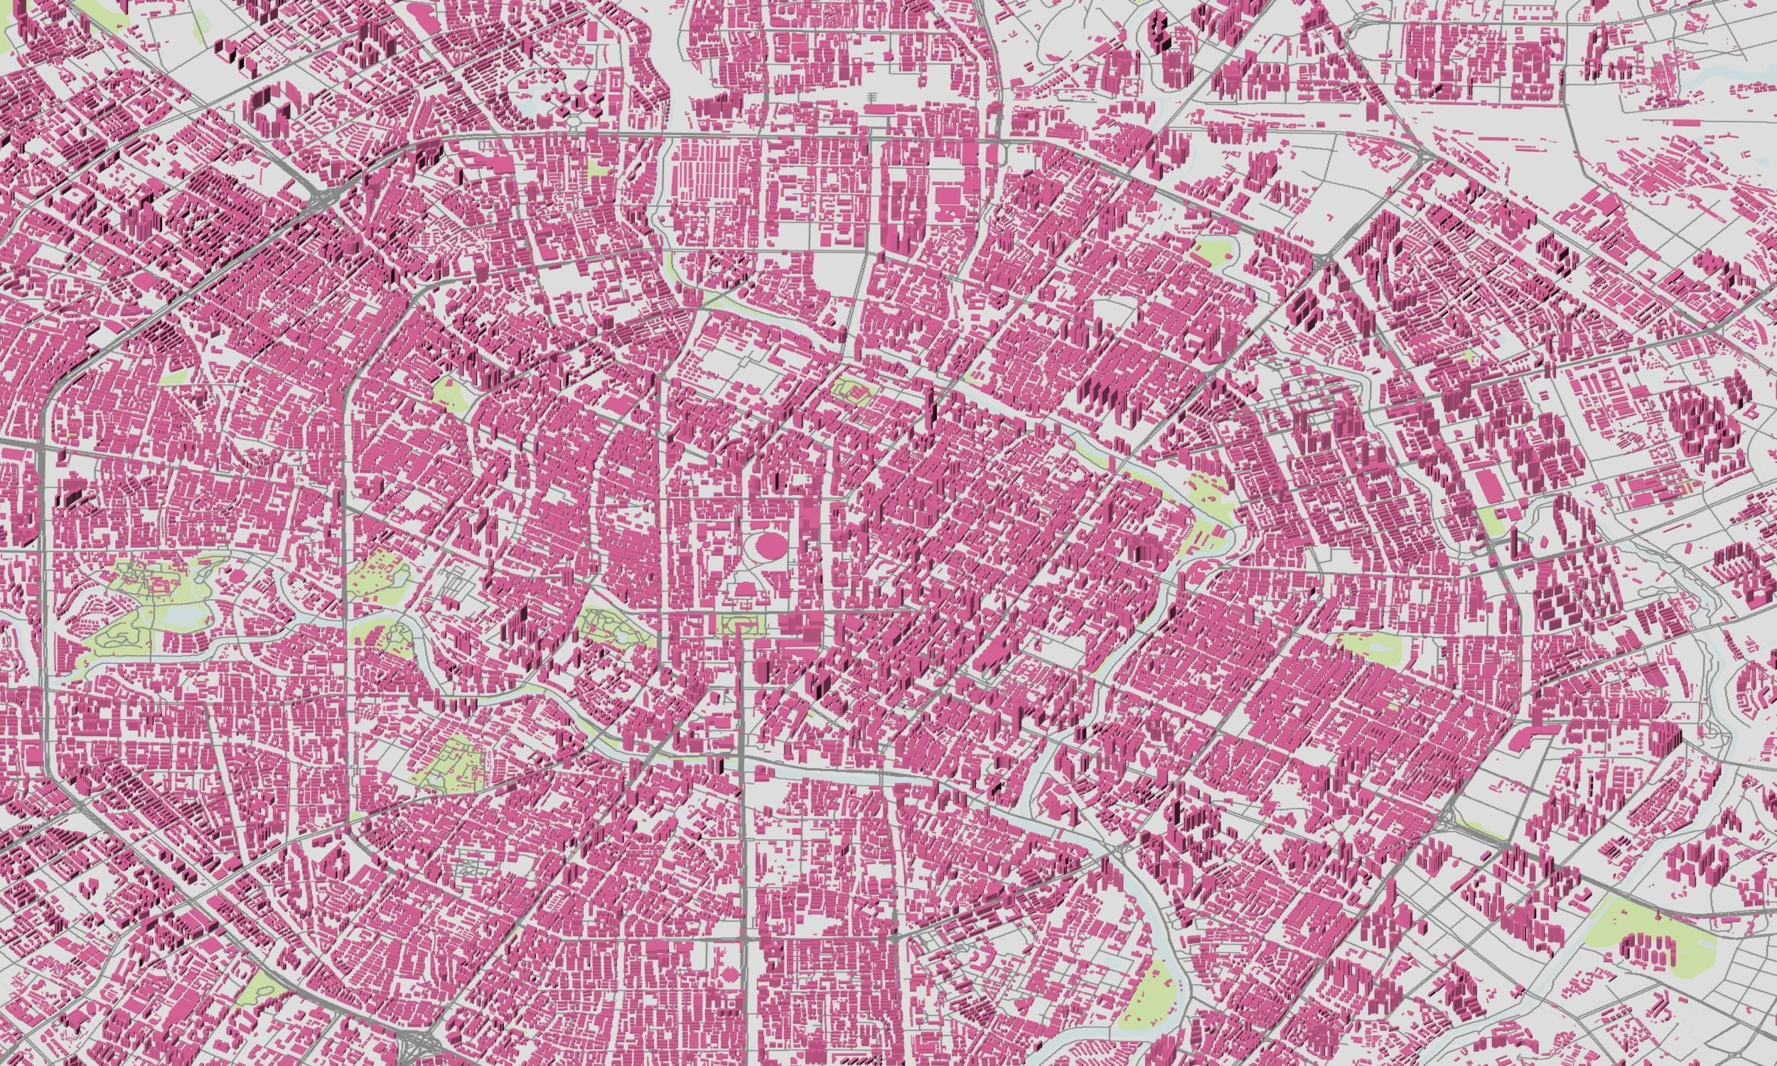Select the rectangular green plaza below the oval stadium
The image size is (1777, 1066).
738,625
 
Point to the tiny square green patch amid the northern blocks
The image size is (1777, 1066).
597,170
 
